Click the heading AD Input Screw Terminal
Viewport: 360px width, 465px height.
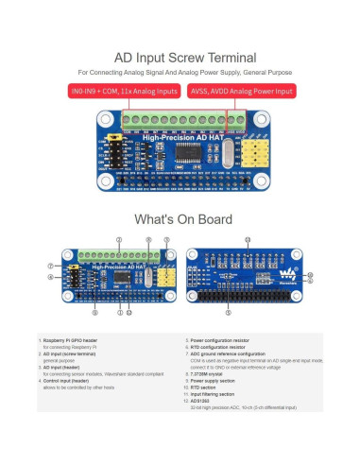point(180,56)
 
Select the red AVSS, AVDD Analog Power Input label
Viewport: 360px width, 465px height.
point(241,92)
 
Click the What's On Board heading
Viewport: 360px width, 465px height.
point(180,218)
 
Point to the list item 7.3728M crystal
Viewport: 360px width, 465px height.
point(208,372)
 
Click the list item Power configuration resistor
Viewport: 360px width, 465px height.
point(223,338)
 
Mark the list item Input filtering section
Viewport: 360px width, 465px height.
point(214,393)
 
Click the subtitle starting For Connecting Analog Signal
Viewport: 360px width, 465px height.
point(180,72)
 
